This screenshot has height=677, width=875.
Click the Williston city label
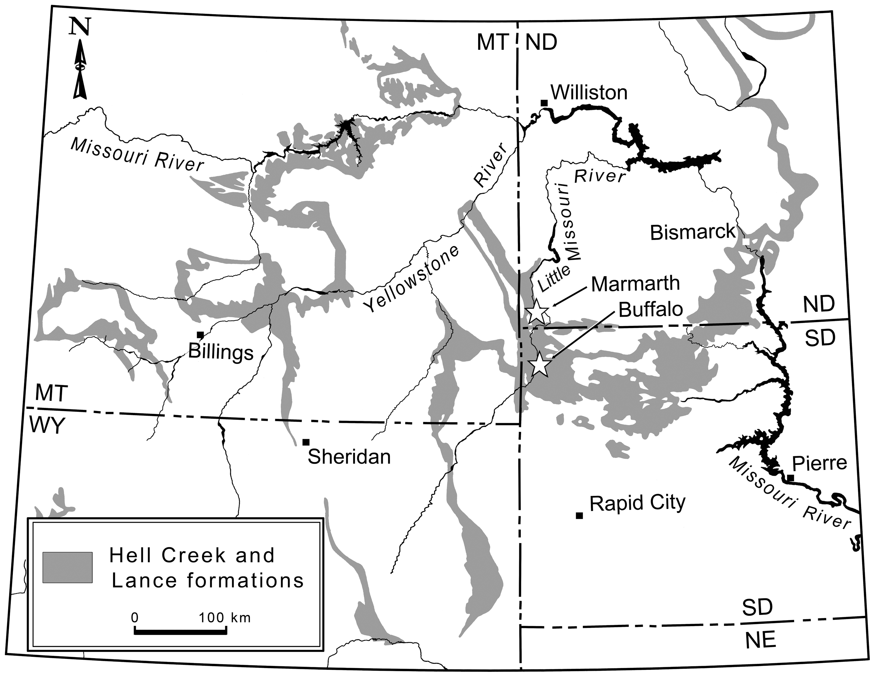(x=589, y=93)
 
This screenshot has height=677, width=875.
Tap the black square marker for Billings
(x=200, y=335)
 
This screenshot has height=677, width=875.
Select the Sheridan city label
(x=349, y=457)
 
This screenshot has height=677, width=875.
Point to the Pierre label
(x=820, y=463)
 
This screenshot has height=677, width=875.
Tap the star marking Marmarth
(x=536, y=311)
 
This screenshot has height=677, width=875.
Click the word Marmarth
(x=635, y=284)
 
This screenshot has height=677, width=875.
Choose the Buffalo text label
(x=651, y=309)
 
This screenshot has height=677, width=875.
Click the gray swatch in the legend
(x=68, y=567)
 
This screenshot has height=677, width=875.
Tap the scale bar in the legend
(x=181, y=632)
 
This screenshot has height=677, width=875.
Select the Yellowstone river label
(x=412, y=279)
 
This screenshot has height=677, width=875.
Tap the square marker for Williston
(x=544, y=103)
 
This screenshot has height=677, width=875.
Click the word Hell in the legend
(x=129, y=555)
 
